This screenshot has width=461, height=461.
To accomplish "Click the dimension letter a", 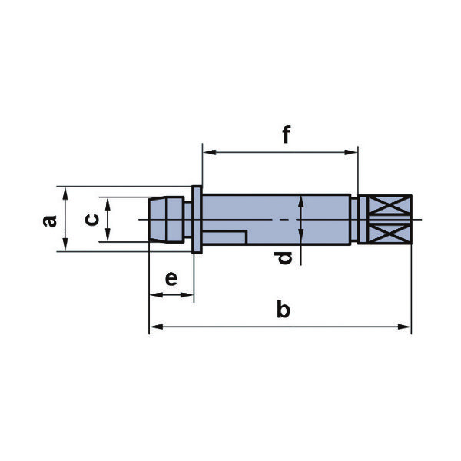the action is [x=50, y=221].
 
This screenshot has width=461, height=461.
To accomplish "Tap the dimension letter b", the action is [x=284, y=309].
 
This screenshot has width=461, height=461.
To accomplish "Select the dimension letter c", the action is [x=92, y=220].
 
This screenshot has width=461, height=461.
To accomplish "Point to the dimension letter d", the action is [x=285, y=258].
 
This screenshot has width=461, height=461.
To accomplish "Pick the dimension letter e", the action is [x=171, y=279].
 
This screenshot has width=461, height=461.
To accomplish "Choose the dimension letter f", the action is [x=287, y=134].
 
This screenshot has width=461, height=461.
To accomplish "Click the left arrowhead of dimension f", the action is [x=210, y=152].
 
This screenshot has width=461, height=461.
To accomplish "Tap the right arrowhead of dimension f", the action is [x=351, y=152].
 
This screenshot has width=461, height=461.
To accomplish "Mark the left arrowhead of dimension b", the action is [x=156, y=327].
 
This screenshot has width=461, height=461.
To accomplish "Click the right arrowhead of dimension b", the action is [x=404, y=327].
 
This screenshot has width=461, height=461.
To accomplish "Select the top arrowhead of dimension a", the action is [x=65, y=194].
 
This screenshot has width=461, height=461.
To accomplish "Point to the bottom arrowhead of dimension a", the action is [x=65, y=244].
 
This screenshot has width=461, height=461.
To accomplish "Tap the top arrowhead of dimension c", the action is [x=108, y=204].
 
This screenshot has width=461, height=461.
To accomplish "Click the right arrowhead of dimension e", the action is [x=187, y=294].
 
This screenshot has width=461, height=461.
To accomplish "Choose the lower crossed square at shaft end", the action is [x=390, y=234].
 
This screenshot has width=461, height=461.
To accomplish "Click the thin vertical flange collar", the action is [x=197, y=220].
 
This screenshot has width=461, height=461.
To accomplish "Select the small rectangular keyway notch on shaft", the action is [x=224, y=237].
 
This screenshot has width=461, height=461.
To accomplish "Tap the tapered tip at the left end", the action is [x=157, y=220].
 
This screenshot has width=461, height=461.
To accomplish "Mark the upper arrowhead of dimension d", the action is [x=301, y=203].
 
